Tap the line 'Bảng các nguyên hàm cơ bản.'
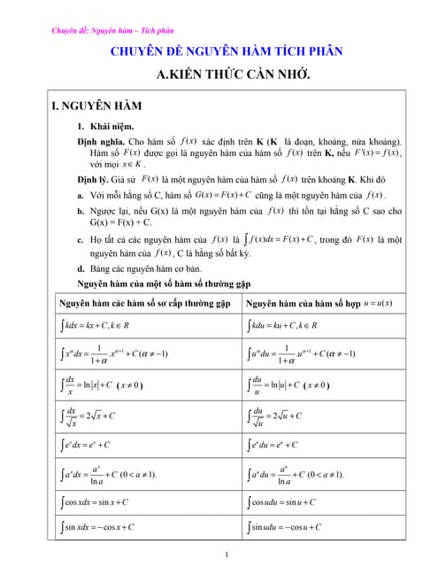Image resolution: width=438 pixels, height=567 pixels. click(x=146, y=268)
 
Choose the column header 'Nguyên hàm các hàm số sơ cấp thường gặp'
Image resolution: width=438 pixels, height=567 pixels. click(x=144, y=303)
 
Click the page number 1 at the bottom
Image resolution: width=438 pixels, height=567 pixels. click(x=227, y=555)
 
